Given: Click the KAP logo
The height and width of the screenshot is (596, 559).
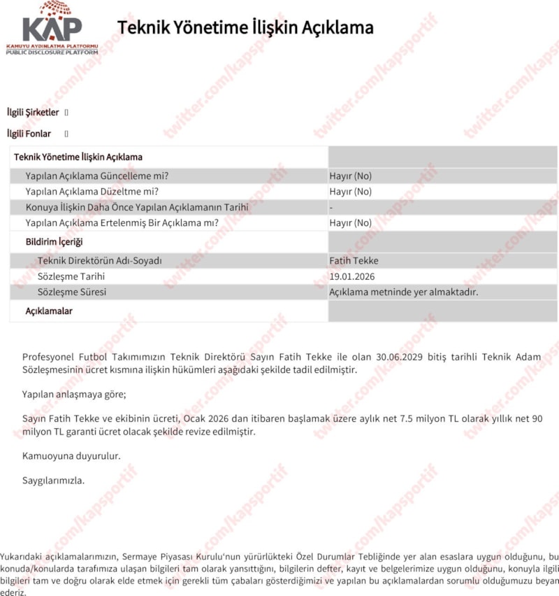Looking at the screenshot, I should click(x=52, y=28).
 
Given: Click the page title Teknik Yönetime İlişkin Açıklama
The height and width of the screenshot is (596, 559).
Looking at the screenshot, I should click(x=245, y=28).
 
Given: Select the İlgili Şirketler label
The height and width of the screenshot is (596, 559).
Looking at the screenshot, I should click(x=33, y=113).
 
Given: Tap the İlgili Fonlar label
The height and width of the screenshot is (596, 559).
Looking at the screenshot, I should click(x=29, y=134).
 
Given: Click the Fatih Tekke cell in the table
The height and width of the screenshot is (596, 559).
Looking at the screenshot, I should click(x=354, y=261).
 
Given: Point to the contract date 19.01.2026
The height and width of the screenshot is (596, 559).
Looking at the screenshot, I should click(x=353, y=276).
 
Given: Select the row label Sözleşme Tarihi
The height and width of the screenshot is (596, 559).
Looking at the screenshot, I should click(x=71, y=276).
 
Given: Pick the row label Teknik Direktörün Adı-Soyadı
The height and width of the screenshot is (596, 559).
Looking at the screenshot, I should click(x=100, y=261).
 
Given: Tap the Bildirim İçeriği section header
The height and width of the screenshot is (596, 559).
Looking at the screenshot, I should click(x=55, y=242).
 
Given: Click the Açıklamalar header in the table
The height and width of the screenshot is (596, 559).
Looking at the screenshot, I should click(x=49, y=311).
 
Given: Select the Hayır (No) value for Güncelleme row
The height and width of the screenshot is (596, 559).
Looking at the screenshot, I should click(x=350, y=176).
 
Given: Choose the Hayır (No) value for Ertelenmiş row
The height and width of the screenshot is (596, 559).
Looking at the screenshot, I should click(x=350, y=223).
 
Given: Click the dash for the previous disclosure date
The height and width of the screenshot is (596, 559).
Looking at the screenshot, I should click(x=331, y=208).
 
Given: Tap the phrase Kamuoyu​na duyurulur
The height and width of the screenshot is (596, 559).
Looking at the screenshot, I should click(x=71, y=456).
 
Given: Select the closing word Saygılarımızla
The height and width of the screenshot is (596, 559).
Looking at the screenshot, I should click(x=53, y=481).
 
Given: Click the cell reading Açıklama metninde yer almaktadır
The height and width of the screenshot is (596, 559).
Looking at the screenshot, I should click(x=404, y=292).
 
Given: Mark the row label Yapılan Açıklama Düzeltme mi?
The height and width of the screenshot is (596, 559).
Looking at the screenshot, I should click(x=92, y=192).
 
